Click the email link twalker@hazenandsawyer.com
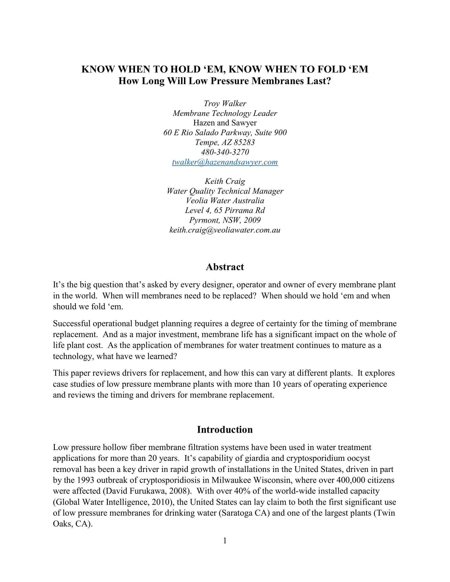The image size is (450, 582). click(x=225, y=162)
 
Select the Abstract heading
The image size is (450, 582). click(x=225, y=267)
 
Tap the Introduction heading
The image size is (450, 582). click(x=225, y=430)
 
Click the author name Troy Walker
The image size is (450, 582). click(x=225, y=103)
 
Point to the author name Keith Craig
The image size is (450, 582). click(x=225, y=181)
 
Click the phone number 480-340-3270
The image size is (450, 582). click(x=225, y=152)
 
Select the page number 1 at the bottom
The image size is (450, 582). click(x=225, y=540)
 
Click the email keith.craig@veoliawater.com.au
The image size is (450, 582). click(x=225, y=230)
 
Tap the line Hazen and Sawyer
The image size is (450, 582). click(x=225, y=123)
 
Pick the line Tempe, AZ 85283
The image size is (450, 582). click(x=225, y=142)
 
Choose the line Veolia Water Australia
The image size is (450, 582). click(x=225, y=201)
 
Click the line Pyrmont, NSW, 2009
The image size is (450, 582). click(x=225, y=220)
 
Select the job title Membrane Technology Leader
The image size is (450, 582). click(x=225, y=113)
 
